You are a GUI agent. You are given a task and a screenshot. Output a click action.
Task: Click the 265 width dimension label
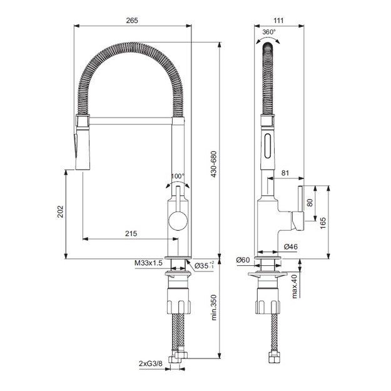tap(132, 21)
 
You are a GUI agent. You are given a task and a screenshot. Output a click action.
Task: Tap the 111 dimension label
tap(278, 21)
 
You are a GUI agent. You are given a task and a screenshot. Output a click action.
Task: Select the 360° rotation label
tap(269, 32)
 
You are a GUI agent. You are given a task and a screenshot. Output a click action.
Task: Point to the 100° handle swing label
tap(178, 176)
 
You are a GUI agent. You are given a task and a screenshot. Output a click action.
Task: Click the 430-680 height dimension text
tap(214, 164)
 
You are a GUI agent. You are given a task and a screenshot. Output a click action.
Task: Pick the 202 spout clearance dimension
tap(60, 211)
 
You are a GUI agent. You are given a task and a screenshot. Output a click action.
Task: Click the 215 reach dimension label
tap(131, 233)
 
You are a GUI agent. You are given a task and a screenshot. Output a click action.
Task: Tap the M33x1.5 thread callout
tap(148, 263)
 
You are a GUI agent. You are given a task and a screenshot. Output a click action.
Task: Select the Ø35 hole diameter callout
tap(204, 266)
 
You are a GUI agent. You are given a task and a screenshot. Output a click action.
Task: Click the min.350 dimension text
tap(214, 307)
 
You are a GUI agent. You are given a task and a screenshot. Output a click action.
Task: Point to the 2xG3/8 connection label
tap(150, 363)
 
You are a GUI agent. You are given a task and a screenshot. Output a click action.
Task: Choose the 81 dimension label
tap(285, 173)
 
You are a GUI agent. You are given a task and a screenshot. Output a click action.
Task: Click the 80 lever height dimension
tap(310, 203)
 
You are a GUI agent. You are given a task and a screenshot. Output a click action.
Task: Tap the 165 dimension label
tap(323, 223)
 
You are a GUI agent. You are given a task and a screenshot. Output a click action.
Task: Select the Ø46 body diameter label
tap(291, 246)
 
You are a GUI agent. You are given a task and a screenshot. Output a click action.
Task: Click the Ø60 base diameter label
tap(243, 260)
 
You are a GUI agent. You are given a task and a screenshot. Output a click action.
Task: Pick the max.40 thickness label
tap(295, 287)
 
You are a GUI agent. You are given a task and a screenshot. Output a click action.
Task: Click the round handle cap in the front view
tap(178, 221)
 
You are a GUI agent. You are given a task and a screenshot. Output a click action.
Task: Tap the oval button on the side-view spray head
tap(268, 146)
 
